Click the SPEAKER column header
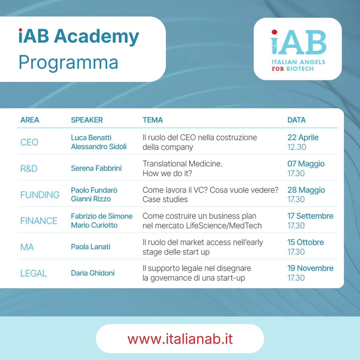87,120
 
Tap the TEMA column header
153,120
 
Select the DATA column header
296,120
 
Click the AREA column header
30,120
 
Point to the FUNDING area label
40,195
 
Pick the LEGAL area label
33,273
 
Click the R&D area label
29,169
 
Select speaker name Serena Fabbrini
96,168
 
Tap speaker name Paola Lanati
91,247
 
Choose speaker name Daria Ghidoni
93,273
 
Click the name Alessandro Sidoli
99,147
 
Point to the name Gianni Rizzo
91,199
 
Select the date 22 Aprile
303,137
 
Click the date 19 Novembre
310,268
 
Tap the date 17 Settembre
310,216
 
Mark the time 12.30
297,147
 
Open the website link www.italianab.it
180,339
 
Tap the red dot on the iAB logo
274,32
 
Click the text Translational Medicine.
182,164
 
